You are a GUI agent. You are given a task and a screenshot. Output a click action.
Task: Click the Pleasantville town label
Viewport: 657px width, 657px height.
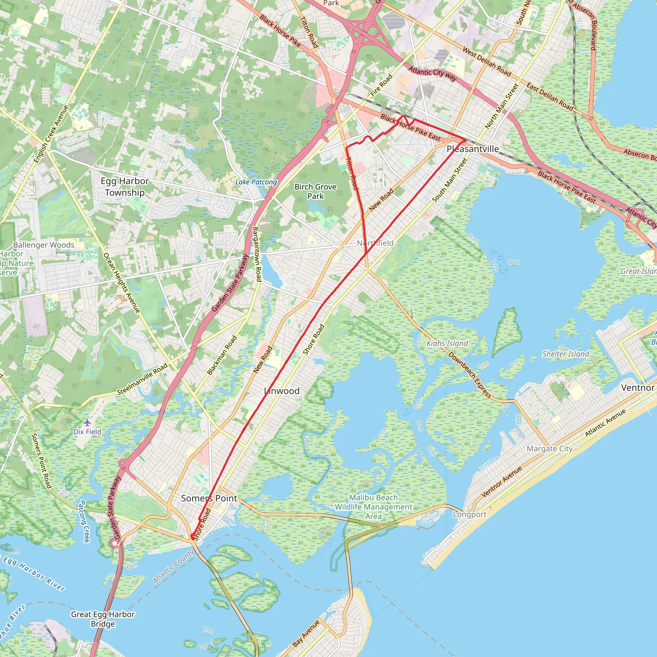473,149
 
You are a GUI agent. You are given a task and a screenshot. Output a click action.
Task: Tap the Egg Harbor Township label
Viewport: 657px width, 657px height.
125,187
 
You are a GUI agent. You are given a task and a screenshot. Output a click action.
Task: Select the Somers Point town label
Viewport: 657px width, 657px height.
209,498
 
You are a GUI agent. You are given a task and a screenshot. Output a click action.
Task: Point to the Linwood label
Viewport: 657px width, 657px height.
282,391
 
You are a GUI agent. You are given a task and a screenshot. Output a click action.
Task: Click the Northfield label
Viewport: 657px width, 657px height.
375,243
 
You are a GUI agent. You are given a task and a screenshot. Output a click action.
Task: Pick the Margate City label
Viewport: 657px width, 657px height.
550,449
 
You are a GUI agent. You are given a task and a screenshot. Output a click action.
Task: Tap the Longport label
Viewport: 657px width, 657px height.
469,515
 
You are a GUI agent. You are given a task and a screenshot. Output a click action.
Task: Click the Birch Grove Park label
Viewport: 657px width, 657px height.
315,192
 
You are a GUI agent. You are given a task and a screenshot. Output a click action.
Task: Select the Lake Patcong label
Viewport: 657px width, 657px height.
256,182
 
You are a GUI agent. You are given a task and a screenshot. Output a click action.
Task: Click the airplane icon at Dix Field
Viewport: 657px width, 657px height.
87,423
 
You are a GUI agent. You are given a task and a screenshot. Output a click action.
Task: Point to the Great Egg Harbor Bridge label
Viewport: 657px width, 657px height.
103,619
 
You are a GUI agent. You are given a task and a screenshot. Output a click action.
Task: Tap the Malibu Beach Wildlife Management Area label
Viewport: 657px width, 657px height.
373,507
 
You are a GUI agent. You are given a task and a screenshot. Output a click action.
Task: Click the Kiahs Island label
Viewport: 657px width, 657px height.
447,344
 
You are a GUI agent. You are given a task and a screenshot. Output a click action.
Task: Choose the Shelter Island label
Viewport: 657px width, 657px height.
566,354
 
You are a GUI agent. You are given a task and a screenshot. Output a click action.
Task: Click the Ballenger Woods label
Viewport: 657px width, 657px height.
44,245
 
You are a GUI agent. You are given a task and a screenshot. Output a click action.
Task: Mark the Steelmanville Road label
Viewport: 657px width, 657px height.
142,379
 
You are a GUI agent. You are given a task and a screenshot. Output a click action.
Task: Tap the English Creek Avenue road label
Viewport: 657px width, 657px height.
51,134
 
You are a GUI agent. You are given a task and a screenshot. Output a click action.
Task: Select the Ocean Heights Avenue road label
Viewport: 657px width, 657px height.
121,283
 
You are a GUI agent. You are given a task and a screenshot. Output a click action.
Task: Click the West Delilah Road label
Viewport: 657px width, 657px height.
487,62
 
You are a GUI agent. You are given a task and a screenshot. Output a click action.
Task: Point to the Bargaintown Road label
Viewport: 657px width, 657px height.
257,254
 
